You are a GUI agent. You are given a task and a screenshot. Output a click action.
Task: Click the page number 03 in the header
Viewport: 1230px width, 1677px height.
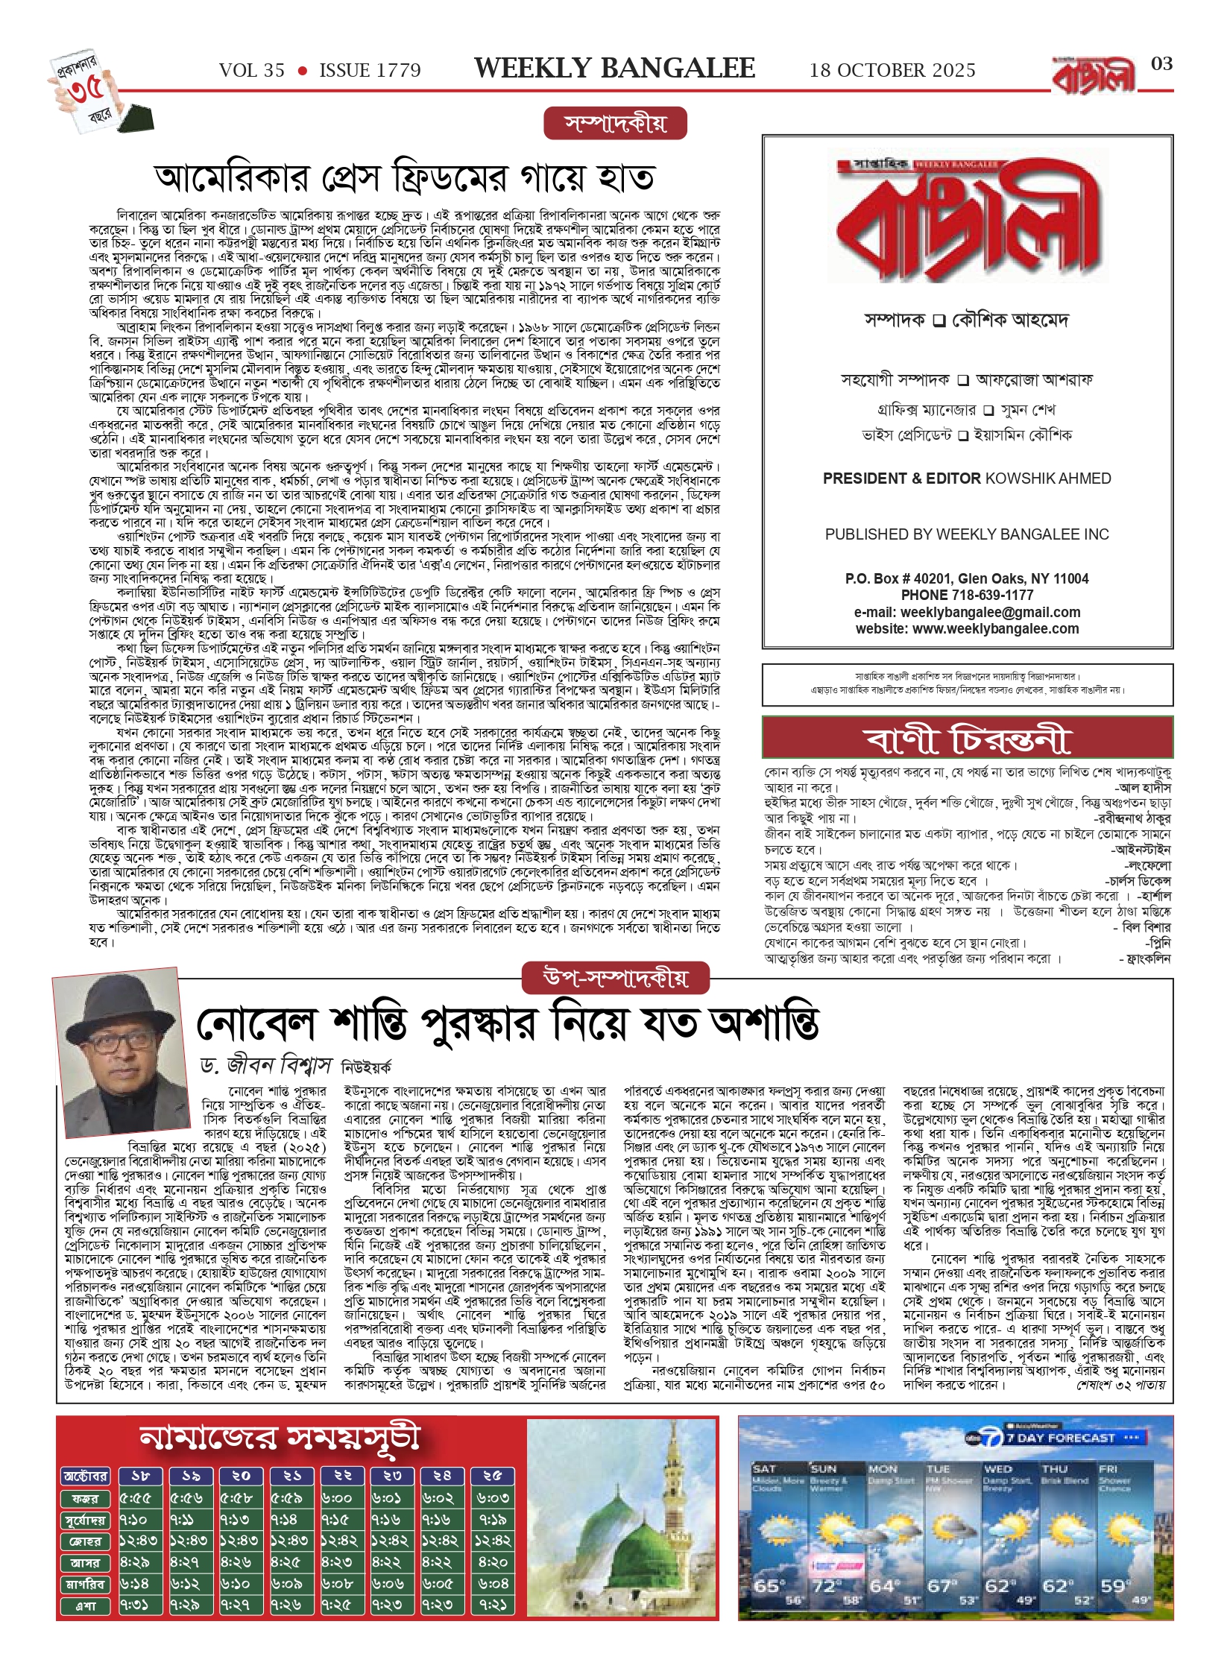(x=1161, y=64)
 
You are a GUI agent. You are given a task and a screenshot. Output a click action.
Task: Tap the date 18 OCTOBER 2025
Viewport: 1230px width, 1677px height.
(x=892, y=71)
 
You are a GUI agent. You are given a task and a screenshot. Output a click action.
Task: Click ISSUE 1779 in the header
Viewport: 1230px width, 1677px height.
(x=370, y=71)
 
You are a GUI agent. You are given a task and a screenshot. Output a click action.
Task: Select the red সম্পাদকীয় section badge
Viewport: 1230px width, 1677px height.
(x=615, y=124)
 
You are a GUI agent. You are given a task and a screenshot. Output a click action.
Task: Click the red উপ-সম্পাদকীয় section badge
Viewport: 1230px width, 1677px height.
(x=615, y=978)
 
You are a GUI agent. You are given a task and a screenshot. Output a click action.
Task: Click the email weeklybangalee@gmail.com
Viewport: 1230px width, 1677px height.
(x=990, y=613)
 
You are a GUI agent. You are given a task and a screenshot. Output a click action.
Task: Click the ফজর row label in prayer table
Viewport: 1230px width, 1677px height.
(x=85, y=1498)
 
